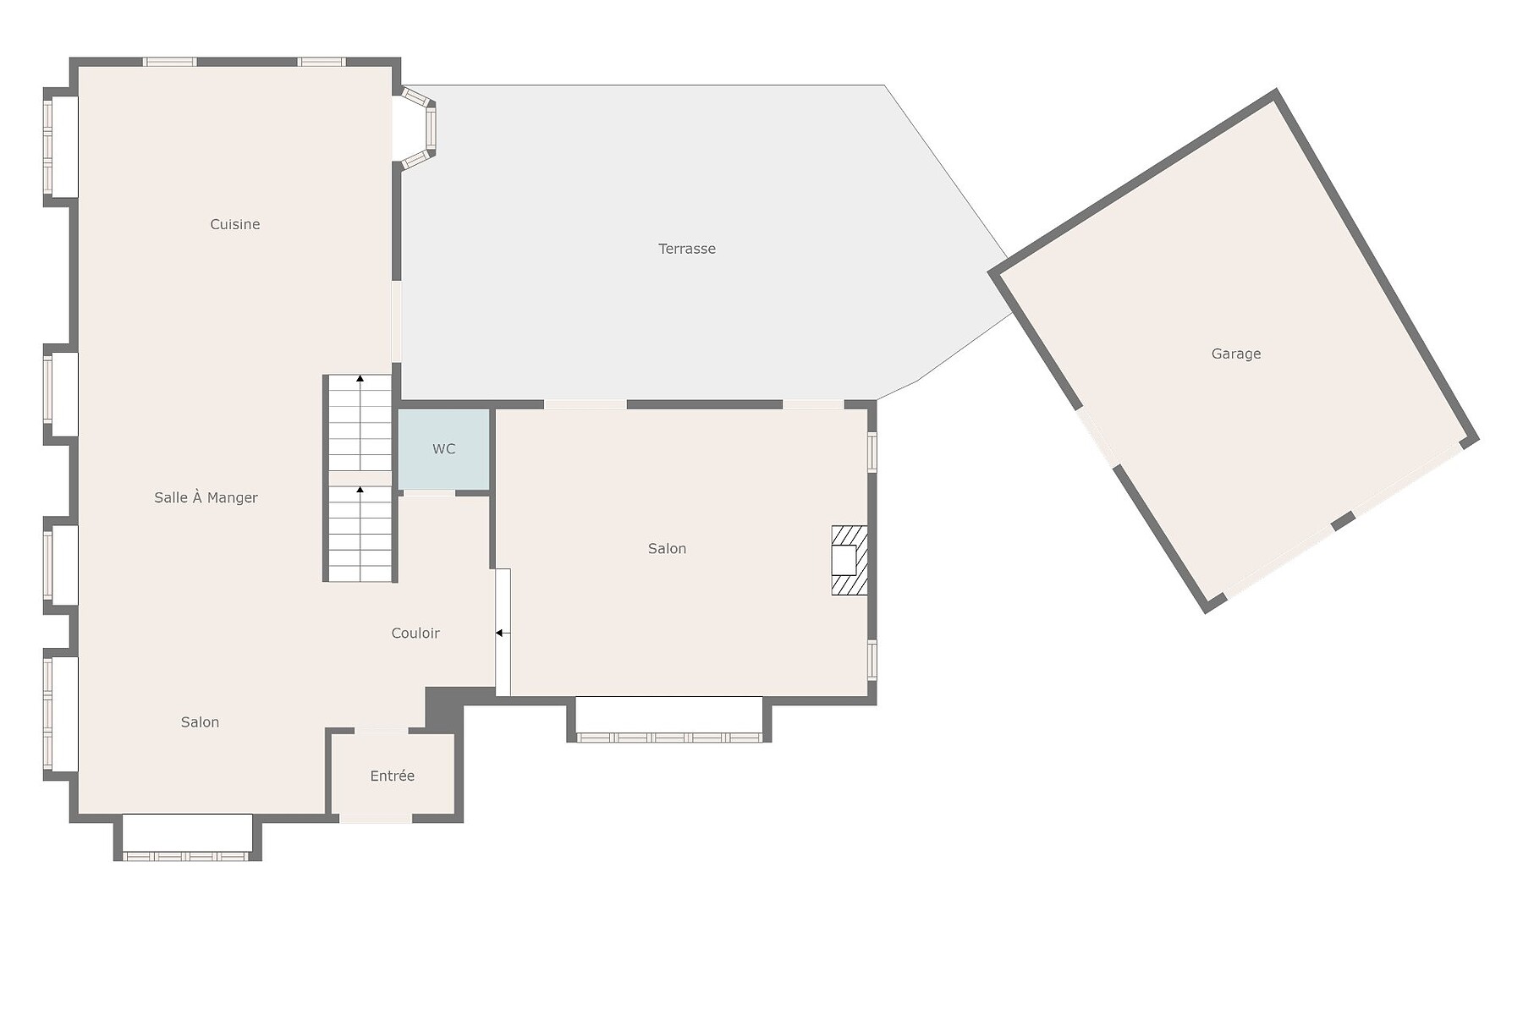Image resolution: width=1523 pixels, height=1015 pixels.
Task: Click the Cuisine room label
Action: pyautogui.click(x=235, y=224)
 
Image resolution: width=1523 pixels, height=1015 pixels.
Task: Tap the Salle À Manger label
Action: pyautogui.click(x=206, y=497)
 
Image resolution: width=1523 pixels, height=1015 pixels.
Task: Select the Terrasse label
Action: pyautogui.click(x=687, y=249)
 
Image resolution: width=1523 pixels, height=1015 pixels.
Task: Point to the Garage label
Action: pyautogui.click(x=1236, y=354)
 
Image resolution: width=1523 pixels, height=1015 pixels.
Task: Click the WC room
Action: pyautogui.click(x=444, y=449)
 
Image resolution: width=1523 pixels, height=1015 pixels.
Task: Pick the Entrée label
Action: pyautogui.click(x=393, y=776)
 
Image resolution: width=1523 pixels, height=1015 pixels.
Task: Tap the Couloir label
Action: pyautogui.click(x=415, y=633)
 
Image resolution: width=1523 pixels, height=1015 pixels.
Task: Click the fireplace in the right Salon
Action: pyautogui.click(x=849, y=561)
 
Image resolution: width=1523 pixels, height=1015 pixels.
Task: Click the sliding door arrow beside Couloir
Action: pyautogui.click(x=503, y=633)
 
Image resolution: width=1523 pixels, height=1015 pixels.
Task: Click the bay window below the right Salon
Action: pyautogui.click(x=668, y=720)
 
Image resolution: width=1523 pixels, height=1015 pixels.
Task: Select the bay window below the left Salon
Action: pyautogui.click(x=187, y=838)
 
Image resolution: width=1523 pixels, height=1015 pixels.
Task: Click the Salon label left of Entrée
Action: pyautogui.click(x=200, y=722)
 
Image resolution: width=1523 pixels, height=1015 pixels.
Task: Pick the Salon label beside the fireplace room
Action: pyautogui.click(x=667, y=549)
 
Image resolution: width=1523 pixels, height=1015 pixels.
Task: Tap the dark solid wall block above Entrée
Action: pyautogui.click(x=444, y=707)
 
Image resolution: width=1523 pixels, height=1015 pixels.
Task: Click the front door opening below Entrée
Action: pyautogui.click(x=376, y=818)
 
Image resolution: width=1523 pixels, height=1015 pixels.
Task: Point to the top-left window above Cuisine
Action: pyautogui.click(x=169, y=62)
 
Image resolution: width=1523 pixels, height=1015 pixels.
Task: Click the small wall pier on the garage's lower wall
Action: pyautogui.click(x=1343, y=521)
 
